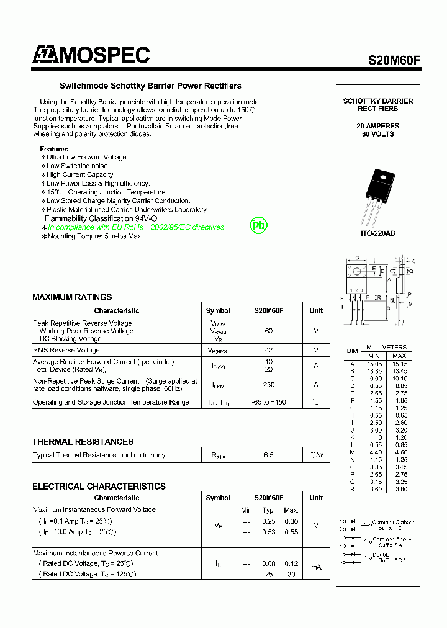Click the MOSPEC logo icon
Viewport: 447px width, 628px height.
click(45, 56)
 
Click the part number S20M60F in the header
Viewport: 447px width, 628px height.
click(394, 60)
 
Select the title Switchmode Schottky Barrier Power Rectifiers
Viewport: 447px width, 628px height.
click(150, 86)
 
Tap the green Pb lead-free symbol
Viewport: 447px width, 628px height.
click(258, 225)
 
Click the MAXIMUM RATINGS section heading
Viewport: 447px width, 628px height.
click(72, 297)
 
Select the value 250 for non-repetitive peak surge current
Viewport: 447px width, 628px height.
click(268, 385)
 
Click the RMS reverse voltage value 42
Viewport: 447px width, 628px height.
click(268, 351)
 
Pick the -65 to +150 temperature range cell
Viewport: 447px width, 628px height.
click(268, 402)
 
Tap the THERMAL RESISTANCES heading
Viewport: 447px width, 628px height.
click(83, 442)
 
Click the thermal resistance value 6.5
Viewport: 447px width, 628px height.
click(268, 455)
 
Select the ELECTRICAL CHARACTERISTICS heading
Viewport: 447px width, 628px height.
click(99, 487)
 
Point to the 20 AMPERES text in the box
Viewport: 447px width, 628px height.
click(377, 126)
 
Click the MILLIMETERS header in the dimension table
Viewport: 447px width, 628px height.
click(386, 348)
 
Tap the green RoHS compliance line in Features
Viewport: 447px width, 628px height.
click(135, 227)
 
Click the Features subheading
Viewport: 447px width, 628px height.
click(54, 149)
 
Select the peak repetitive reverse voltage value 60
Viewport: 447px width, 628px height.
click(268, 331)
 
